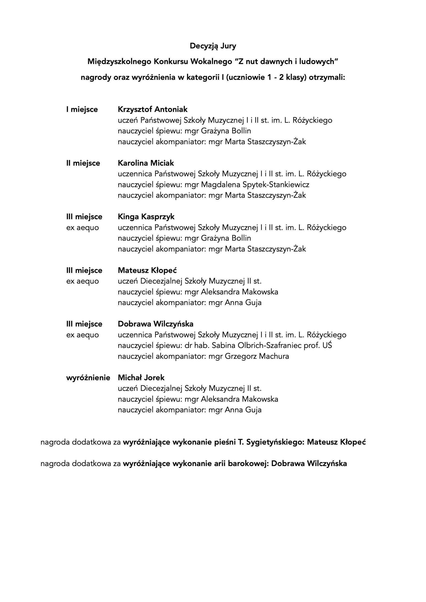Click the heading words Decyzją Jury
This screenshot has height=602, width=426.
(213, 46)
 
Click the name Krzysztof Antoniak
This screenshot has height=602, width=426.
(153, 109)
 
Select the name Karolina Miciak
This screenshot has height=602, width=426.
(146, 163)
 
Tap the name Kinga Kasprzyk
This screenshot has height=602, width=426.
(146, 217)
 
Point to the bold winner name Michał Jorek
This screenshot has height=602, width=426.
(141, 378)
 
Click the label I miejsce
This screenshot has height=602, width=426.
(82, 109)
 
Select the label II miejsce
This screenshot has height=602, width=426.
(83, 163)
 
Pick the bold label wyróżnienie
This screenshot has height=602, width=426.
(88, 378)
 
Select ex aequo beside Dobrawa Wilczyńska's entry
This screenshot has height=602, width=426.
(82, 335)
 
